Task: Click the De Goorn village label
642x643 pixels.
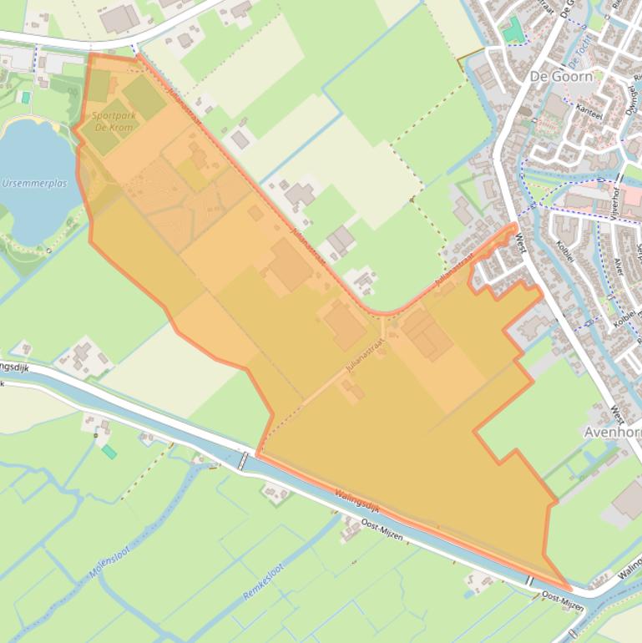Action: click(561, 76)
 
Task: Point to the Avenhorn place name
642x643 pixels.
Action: click(612, 432)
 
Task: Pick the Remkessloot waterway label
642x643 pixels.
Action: click(264, 582)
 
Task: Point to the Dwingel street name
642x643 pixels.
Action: click(631, 99)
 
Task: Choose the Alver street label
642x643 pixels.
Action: click(617, 266)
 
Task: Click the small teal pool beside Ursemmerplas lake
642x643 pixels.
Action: click(26, 97)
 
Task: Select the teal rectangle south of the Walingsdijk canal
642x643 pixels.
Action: click(109, 452)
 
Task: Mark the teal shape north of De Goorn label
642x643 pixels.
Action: click(513, 30)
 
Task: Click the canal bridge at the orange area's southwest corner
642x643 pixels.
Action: click(243, 461)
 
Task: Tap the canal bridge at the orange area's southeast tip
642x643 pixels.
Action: click(529, 580)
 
